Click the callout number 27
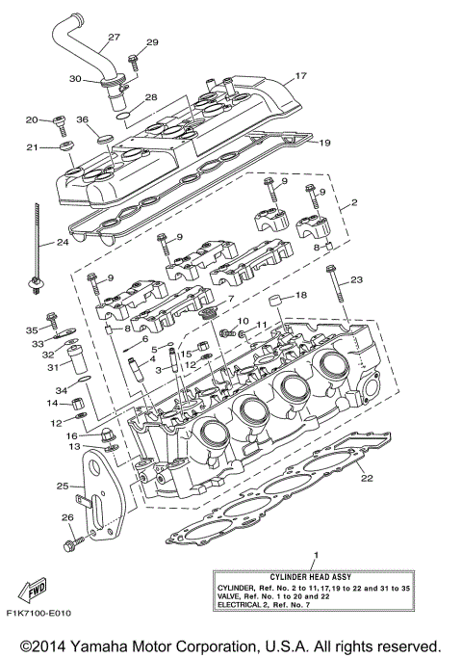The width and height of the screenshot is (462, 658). [114, 38]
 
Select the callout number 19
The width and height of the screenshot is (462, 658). [325, 143]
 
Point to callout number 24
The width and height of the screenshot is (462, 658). [63, 243]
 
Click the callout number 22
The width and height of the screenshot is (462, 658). [366, 477]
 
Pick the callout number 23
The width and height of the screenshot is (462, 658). [357, 279]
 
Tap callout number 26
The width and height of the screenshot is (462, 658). [67, 518]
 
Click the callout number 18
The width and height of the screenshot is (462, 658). [301, 295]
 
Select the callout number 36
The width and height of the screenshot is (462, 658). [82, 119]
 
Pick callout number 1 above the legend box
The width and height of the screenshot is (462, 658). [314, 556]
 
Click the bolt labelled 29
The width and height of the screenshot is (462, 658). [134, 62]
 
